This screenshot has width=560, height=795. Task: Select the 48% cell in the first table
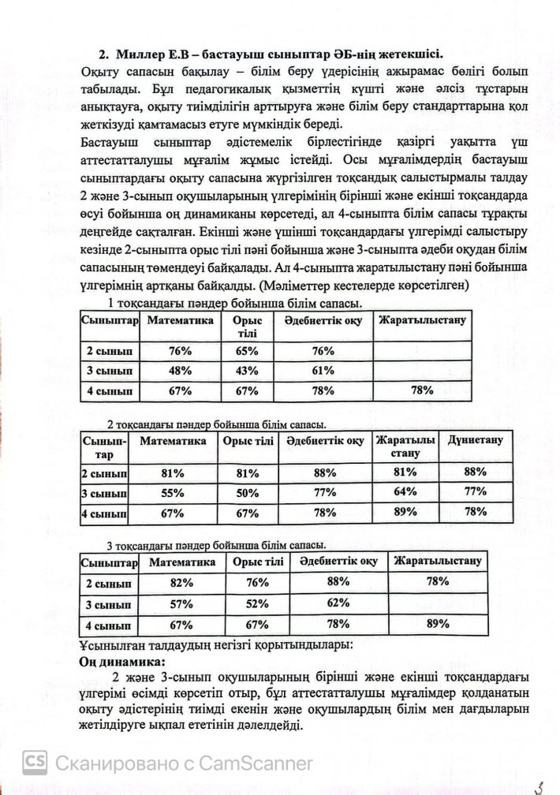[181, 371]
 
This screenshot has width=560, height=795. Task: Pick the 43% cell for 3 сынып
[247, 371]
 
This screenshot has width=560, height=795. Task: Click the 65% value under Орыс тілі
[247, 351]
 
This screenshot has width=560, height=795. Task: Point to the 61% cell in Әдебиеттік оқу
[323, 371]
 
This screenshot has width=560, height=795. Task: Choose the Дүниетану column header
[476, 440]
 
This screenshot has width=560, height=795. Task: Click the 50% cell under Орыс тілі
[247, 493]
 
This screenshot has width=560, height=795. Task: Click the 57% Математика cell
[181, 604]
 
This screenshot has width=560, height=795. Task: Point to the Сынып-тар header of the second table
[103, 447]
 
